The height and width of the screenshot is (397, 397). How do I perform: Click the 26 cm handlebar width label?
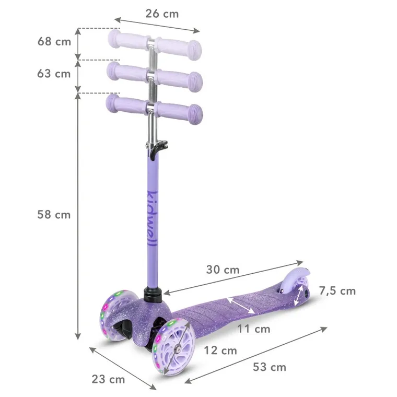pyautogui.click(x=161, y=14)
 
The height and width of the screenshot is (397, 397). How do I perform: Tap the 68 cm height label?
pyautogui.click(x=54, y=41)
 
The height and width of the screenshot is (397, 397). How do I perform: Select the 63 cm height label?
pyautogui.click(x=54, y=74)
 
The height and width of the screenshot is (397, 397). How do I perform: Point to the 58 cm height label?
pyautogui.click(x=54, y=215)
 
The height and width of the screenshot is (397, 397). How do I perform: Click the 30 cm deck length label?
pyautogui.click(x=223, y=270)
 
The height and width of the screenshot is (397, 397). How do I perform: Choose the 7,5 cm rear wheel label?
pyautogui.click(x=337, y=291)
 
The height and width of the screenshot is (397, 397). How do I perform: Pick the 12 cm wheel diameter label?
pyautogui.click(x=220, y=351)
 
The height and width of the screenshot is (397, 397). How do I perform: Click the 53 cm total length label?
pyautogui.click(x=270, y=367)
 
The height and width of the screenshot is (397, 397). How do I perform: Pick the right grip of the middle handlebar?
pyautogui.click(x=180, y=79)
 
